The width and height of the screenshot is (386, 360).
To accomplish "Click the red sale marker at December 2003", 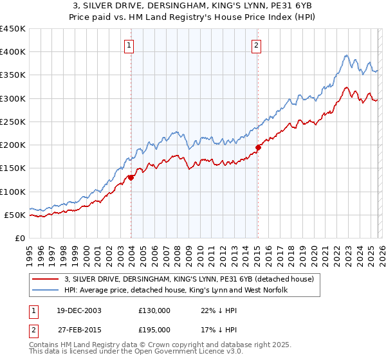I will click(131, 177).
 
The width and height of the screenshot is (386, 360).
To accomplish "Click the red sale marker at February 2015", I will click(258, 147).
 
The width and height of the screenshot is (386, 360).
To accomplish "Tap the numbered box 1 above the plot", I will click(130, 45).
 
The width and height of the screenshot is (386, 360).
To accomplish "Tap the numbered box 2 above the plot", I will click(257, 45).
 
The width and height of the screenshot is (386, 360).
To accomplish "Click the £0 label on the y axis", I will click(19, 238).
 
